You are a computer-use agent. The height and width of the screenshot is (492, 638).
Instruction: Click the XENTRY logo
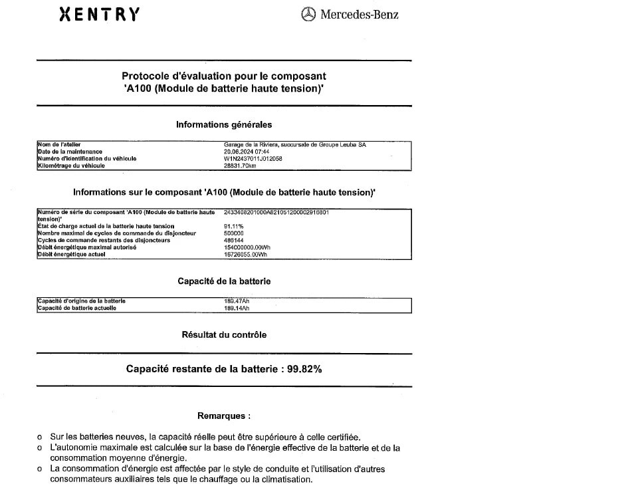pyautogui.click(x=100, y=15)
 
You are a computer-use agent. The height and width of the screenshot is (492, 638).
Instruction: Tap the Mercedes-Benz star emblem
pyautogui.click(x=308, y=15)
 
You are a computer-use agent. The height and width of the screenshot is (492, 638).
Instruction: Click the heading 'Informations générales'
pyautogui.click(x=224, y=124)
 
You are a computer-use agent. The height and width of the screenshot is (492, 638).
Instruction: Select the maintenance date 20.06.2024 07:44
pyautogui.click(x=247, y=152)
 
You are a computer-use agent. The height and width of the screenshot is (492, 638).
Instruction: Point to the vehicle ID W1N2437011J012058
pyautogui.click(x=253, y=159)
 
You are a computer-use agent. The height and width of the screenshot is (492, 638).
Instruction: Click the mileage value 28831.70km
pyautogui.click(x=240, y=166)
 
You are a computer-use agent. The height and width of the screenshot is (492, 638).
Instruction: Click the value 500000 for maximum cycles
pyautogui.click(x=234, y=233)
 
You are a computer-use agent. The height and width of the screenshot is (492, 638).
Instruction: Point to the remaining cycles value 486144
pyautogui.click(x=234, y=240)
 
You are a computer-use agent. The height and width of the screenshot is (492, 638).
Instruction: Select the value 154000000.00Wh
pyautogui.click(x=247, y=247)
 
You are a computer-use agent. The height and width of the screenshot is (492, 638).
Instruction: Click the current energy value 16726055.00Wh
pyautogui.click(x=246, y=254)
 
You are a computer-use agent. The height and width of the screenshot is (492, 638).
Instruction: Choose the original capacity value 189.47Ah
pyautogui.click(x=237, y=301)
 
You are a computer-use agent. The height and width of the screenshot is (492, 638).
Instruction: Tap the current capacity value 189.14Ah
pyautogui.click(x=237, y=308)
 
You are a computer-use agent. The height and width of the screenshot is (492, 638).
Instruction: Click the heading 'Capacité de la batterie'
pyautogui.click(x=224, y=281)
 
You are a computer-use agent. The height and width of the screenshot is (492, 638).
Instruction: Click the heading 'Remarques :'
pyautogui.click(x=224, y=416)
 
